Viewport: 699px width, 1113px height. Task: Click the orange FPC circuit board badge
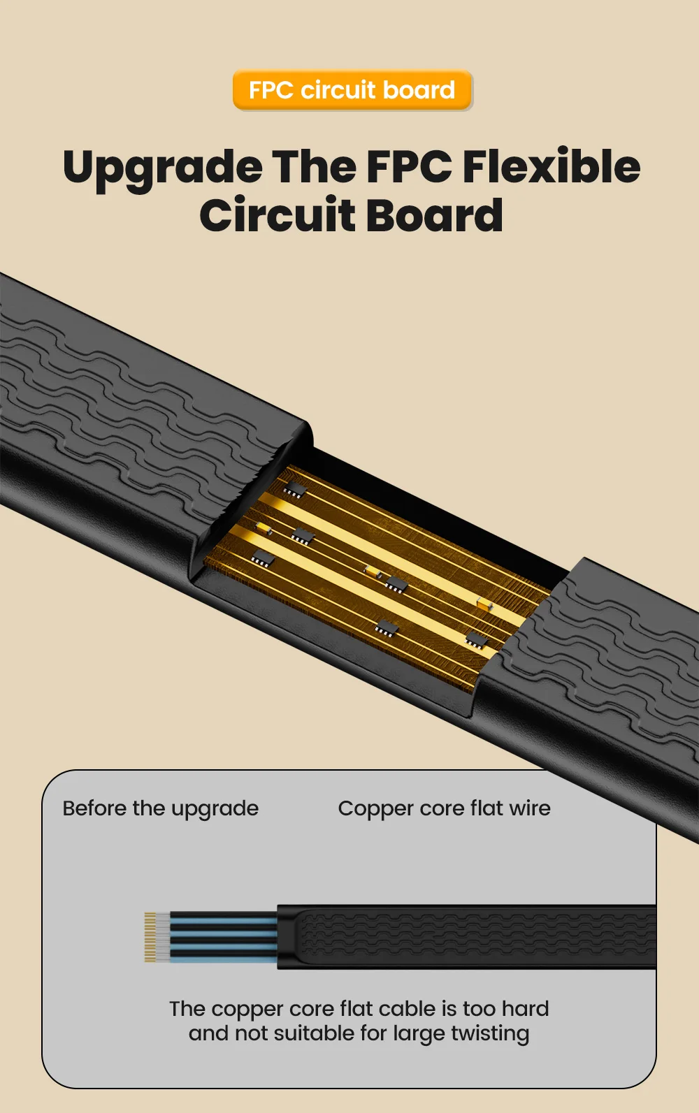pos(352,90)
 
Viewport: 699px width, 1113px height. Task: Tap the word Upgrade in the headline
pos(162,168)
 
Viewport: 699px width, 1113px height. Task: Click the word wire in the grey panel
pos(530,808)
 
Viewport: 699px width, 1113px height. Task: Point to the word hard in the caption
pos(525,1009)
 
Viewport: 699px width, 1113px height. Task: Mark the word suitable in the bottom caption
pos(315,1033)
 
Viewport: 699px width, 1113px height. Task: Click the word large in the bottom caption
pos(404,1034)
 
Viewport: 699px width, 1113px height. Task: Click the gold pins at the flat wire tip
pos(150,937)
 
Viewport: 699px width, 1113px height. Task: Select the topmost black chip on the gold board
pos(295,488)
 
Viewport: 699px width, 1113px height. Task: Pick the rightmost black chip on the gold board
pos(477,639)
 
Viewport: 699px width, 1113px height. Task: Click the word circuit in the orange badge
pos(338,90)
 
